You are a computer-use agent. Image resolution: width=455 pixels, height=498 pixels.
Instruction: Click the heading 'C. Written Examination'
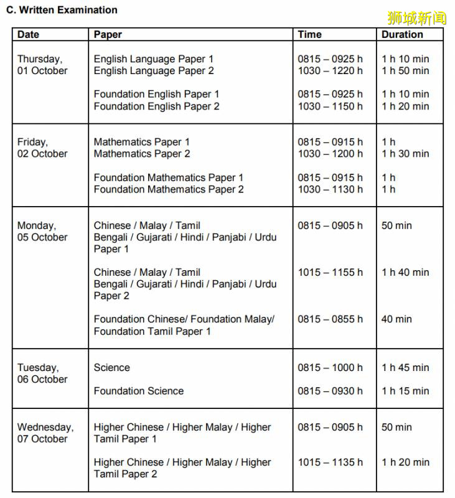click(62, 10)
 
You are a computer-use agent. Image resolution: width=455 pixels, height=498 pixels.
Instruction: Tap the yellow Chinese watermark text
click(416, 17)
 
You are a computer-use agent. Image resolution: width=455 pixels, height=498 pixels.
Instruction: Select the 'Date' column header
click(28, 35)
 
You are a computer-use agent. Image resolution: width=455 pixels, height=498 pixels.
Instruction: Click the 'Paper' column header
click(108, 35)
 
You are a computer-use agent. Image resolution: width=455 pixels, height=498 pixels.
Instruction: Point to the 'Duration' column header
click(402, 35)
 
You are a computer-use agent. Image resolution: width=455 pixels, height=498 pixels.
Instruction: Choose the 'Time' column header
click(309, 35)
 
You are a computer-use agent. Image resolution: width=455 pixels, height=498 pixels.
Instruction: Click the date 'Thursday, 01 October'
click(42, 65)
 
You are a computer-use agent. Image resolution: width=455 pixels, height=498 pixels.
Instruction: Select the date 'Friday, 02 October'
click(42, 148)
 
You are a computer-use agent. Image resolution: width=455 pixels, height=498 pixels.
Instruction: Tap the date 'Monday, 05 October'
click(42, 231)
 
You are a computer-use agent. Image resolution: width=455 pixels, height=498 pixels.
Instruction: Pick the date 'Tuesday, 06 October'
click(42, 373)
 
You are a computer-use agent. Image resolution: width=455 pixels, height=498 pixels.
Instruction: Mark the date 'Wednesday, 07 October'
click(45, 433)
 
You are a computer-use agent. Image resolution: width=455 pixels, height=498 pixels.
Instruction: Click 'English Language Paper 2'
click(154, 71)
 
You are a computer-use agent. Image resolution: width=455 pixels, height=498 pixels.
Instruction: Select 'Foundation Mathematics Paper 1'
click(169, 177)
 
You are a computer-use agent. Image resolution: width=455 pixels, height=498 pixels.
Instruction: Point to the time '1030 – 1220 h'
click(330, 71)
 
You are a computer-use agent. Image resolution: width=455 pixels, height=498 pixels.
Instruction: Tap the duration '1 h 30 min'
click(405, 154)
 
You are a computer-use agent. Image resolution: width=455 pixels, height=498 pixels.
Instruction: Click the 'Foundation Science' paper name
click(139, 391)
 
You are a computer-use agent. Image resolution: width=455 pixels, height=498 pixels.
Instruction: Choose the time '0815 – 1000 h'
click(330, 367)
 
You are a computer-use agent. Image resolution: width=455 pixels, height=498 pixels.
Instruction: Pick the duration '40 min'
click(396, 319)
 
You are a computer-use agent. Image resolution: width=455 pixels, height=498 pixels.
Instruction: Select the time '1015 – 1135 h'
click(330, 462)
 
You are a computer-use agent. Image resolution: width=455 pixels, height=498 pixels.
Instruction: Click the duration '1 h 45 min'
click(405, 367)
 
